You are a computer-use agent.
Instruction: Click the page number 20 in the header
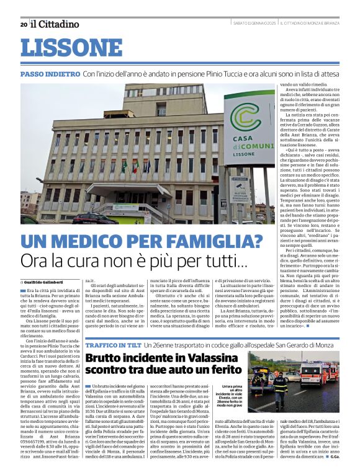click(24, 24)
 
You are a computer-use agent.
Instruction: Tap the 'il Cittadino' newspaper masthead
click(55, 24)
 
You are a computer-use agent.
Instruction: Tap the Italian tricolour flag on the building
click(135, 166)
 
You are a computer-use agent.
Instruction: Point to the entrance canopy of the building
click(121, 189)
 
